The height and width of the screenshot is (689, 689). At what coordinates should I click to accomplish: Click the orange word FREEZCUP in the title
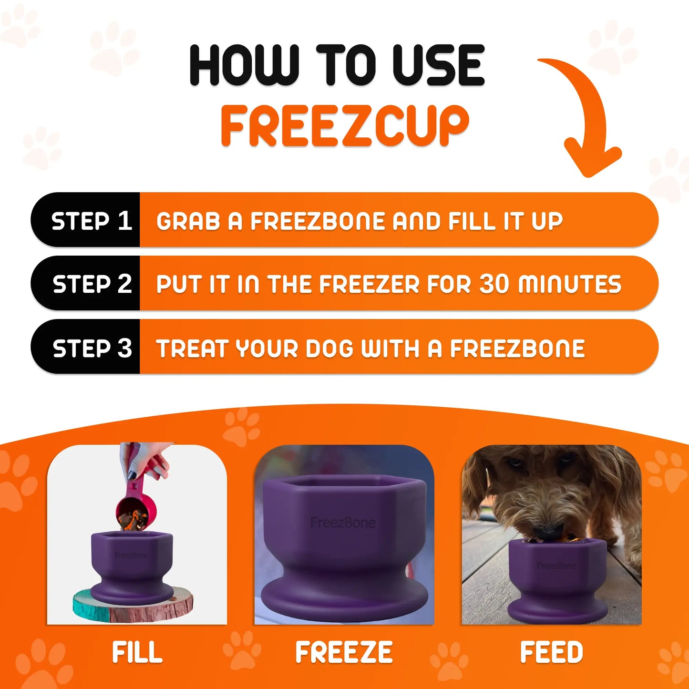345,125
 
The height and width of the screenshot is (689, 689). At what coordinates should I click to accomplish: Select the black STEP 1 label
91,221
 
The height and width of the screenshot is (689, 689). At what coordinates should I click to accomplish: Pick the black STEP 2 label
92,284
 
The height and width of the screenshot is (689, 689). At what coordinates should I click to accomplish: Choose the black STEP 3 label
92,348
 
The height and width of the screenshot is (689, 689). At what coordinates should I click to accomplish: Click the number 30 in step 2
494,284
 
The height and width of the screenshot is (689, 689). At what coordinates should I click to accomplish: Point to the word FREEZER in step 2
370,284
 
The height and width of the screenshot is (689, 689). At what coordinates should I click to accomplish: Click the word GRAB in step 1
188,221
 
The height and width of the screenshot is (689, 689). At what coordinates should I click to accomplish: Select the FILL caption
137,652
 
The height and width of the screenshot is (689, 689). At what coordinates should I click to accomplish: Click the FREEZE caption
344,652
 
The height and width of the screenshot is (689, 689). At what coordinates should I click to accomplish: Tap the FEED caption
551,652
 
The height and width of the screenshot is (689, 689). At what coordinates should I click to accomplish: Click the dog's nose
547,531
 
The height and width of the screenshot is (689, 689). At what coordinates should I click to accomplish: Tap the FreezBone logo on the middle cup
343,523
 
